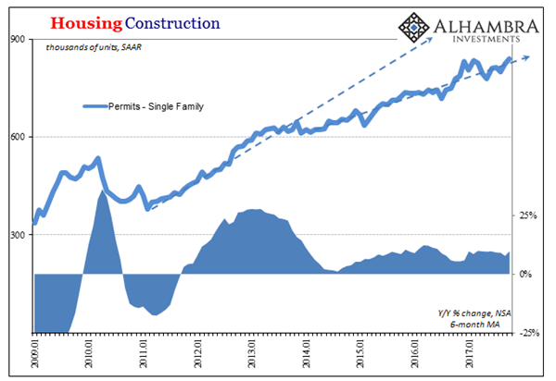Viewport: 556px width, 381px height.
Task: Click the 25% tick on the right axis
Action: point(529,215)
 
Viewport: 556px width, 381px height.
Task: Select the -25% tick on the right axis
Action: point(529,333)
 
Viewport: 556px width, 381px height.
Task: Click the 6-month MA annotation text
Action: point(483,324)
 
